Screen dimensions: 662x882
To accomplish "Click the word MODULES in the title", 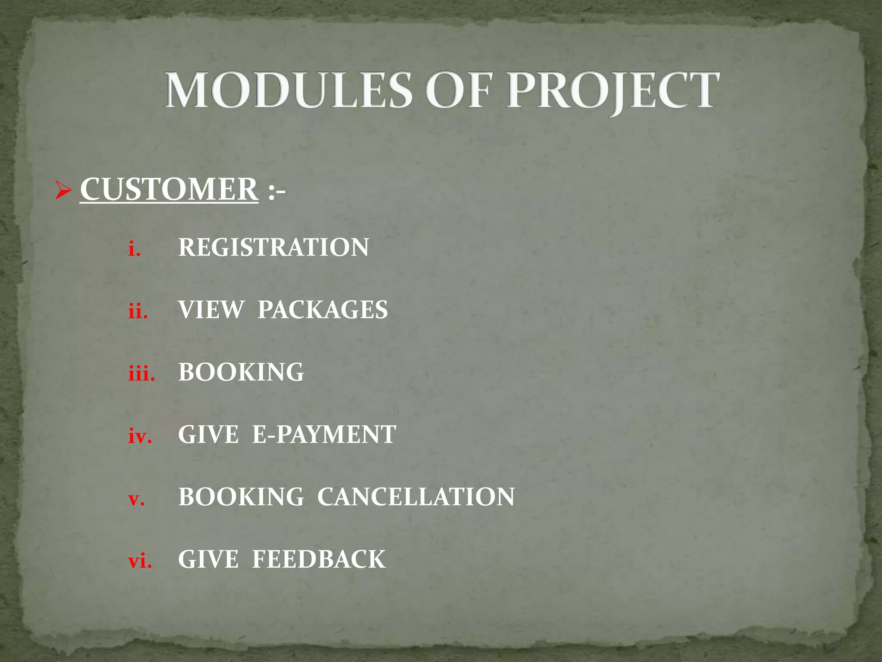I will [288, 91].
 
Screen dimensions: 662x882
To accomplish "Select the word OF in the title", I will [458, 91].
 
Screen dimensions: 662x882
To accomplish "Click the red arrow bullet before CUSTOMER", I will [63, 190].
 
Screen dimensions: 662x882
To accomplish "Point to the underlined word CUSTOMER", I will [169, 190].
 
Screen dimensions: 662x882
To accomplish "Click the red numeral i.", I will [134, 249].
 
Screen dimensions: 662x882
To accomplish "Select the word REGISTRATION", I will [273, 247].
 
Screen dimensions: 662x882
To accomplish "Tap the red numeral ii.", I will [138, 311].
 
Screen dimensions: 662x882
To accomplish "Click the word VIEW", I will [211, 310].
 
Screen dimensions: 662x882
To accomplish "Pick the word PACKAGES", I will [323, 310].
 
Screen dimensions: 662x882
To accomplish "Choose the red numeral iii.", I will [141, 373].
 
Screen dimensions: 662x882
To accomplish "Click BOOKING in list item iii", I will [241, 372].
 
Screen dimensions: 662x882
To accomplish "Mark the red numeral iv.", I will [140, 436].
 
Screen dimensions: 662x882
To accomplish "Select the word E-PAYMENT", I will [324, 434].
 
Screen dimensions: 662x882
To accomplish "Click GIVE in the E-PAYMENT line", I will [208, 434].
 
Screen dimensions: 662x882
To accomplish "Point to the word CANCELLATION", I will [416, 497].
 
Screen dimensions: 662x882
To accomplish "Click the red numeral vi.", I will [140, 561].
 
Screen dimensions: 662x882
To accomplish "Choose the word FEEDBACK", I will [319, 559].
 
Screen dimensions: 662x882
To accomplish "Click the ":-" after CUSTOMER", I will [276, 191].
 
